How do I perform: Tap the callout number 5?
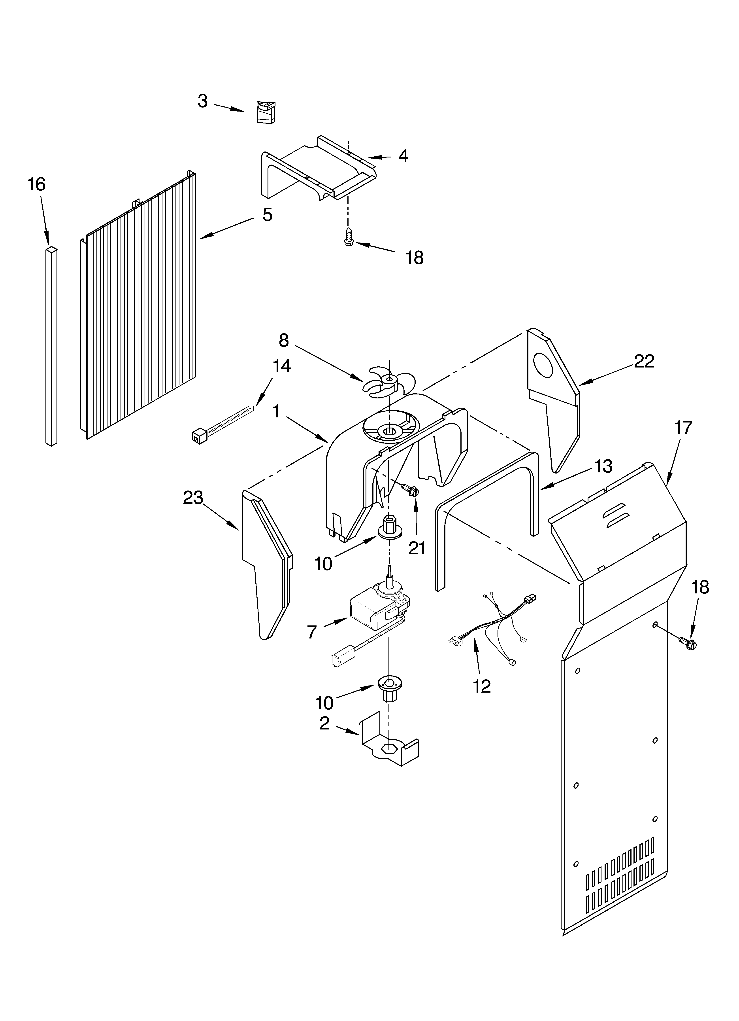point(267,215)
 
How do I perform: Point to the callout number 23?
point(193,498)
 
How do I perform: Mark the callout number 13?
point(603,466)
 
